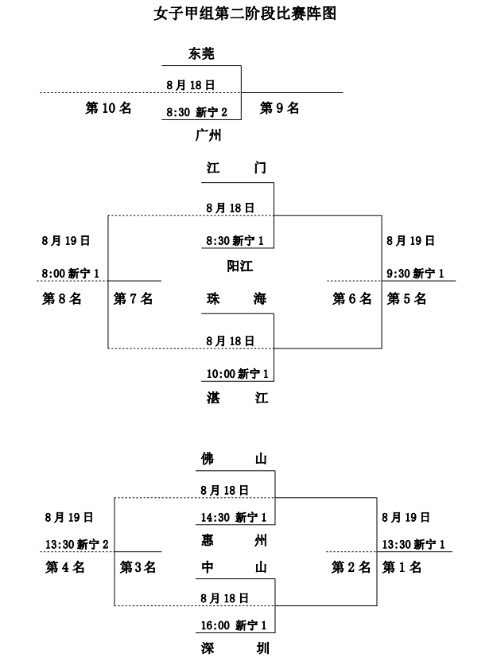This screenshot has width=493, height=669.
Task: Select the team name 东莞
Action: point(202,54)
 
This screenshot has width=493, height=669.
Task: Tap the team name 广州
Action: point(208,135)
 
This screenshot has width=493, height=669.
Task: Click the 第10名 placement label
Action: point(108,108)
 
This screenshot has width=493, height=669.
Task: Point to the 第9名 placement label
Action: point(280,108)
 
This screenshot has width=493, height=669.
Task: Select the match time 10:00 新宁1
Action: point(237,373)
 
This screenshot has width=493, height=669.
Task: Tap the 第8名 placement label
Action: point(62,299)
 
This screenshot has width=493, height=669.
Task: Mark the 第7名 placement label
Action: point(134,299)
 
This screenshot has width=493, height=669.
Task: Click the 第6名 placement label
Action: point(351,299)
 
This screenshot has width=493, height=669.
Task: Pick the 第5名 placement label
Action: point(407,299)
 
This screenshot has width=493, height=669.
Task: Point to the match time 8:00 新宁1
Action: point(71,274)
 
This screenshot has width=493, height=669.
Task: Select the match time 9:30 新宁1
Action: point(415,274)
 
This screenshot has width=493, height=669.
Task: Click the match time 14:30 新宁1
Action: point(233,518)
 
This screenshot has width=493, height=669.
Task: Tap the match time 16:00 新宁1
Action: point(233,626)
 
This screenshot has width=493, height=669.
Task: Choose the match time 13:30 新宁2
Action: point(77,544)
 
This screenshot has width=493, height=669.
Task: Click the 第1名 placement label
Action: point(402,567)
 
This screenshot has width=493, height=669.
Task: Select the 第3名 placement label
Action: point(138,567)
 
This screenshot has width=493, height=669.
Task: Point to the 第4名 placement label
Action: point(65,567)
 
